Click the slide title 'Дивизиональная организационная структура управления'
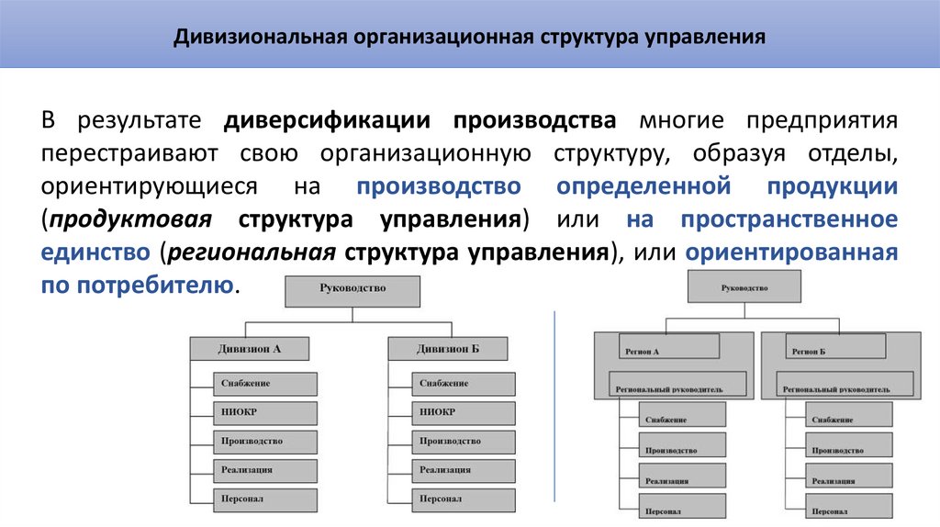[470, 39]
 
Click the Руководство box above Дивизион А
[352, 289]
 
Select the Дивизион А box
[250, 349]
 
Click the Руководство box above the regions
[744, 287]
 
